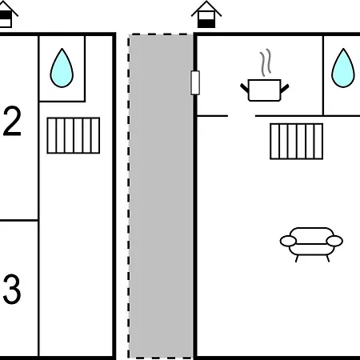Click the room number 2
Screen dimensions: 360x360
[x=12, y=121]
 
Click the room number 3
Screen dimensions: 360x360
[x=12, y=289]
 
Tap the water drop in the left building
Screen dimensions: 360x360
[x=62, y=69]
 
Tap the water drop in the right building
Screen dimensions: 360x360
[x=343, y=69]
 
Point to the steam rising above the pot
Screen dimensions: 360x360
[x=266, y=62]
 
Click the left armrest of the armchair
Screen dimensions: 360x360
[x=288, y=241]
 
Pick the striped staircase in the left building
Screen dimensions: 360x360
[x=74, y=135]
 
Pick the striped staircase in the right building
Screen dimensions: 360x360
[x=296, y=142]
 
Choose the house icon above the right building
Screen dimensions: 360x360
[x=206, y=14]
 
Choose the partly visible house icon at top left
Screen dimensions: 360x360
[x=7, y=14]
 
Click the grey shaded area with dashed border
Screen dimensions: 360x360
[x=161, y=196]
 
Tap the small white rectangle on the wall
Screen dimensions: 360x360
[x=195, y=82]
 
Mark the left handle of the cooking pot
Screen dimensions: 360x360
[x=244, y=88]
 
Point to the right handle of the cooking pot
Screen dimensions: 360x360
[x=285, y=89]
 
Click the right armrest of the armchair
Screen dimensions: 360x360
[x=334, y=241]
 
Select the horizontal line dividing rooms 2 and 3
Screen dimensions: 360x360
[x=19, y=221]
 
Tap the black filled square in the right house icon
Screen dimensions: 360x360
[x=206, y=23]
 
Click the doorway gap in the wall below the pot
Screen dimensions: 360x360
[x=242, y=116]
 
